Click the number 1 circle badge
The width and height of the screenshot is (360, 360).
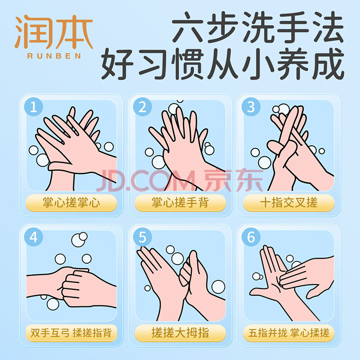click(33, 107)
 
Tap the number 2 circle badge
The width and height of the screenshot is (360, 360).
click(142, 107)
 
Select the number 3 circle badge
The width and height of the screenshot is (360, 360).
click(251, 107)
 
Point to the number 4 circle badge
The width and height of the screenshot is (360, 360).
click(33, 237)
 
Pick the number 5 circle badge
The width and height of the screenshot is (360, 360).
click(142, 237)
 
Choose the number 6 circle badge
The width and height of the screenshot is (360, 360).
click(251, 237)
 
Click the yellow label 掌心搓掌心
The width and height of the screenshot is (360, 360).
click(72, 203)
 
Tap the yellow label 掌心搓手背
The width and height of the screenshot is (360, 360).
click(180, 203)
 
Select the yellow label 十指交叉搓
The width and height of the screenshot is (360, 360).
click(289, 203)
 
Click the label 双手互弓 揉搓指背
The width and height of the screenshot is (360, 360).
click(72, 333)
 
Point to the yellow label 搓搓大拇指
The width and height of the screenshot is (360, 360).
click(180, 333)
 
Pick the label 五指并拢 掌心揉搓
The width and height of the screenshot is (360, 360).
click(289, 333)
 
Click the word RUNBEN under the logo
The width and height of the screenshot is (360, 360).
click(54, 56)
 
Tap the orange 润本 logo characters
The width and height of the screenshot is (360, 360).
click(54, 31)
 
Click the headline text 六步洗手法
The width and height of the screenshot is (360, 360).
click(257, 27)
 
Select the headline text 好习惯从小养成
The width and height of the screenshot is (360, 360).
click(222, 64)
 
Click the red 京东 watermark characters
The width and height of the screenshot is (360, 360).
click(234, 180)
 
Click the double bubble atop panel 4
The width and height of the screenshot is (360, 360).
click(79, 239)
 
